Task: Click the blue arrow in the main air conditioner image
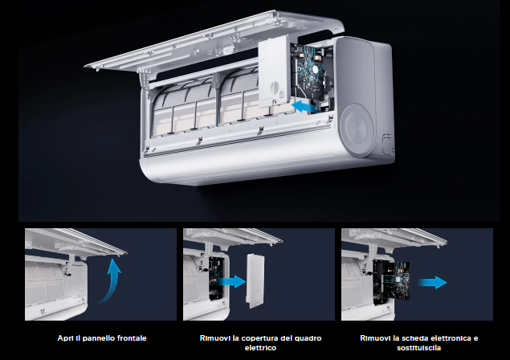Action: click(x=304, y=106)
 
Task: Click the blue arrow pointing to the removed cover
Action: click(x=232, y=281)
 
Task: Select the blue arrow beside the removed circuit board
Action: click(x=433, y=282)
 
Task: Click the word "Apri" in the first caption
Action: click(x=65, y=338)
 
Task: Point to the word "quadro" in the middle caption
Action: click(x=308, y=338)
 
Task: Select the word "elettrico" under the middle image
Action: click(x=260, y=348)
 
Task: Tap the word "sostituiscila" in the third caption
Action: click(x=419, y=348)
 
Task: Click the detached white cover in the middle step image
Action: click(x=255, y=280)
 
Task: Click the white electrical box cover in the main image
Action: click(x=274, y=72)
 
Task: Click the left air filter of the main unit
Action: click(x=183, y=108)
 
